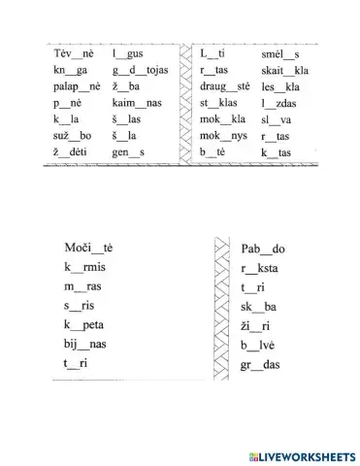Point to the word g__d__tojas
[141, 71]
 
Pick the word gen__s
[128, 153]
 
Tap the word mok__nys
[223, 137]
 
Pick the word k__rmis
[84, 267]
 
